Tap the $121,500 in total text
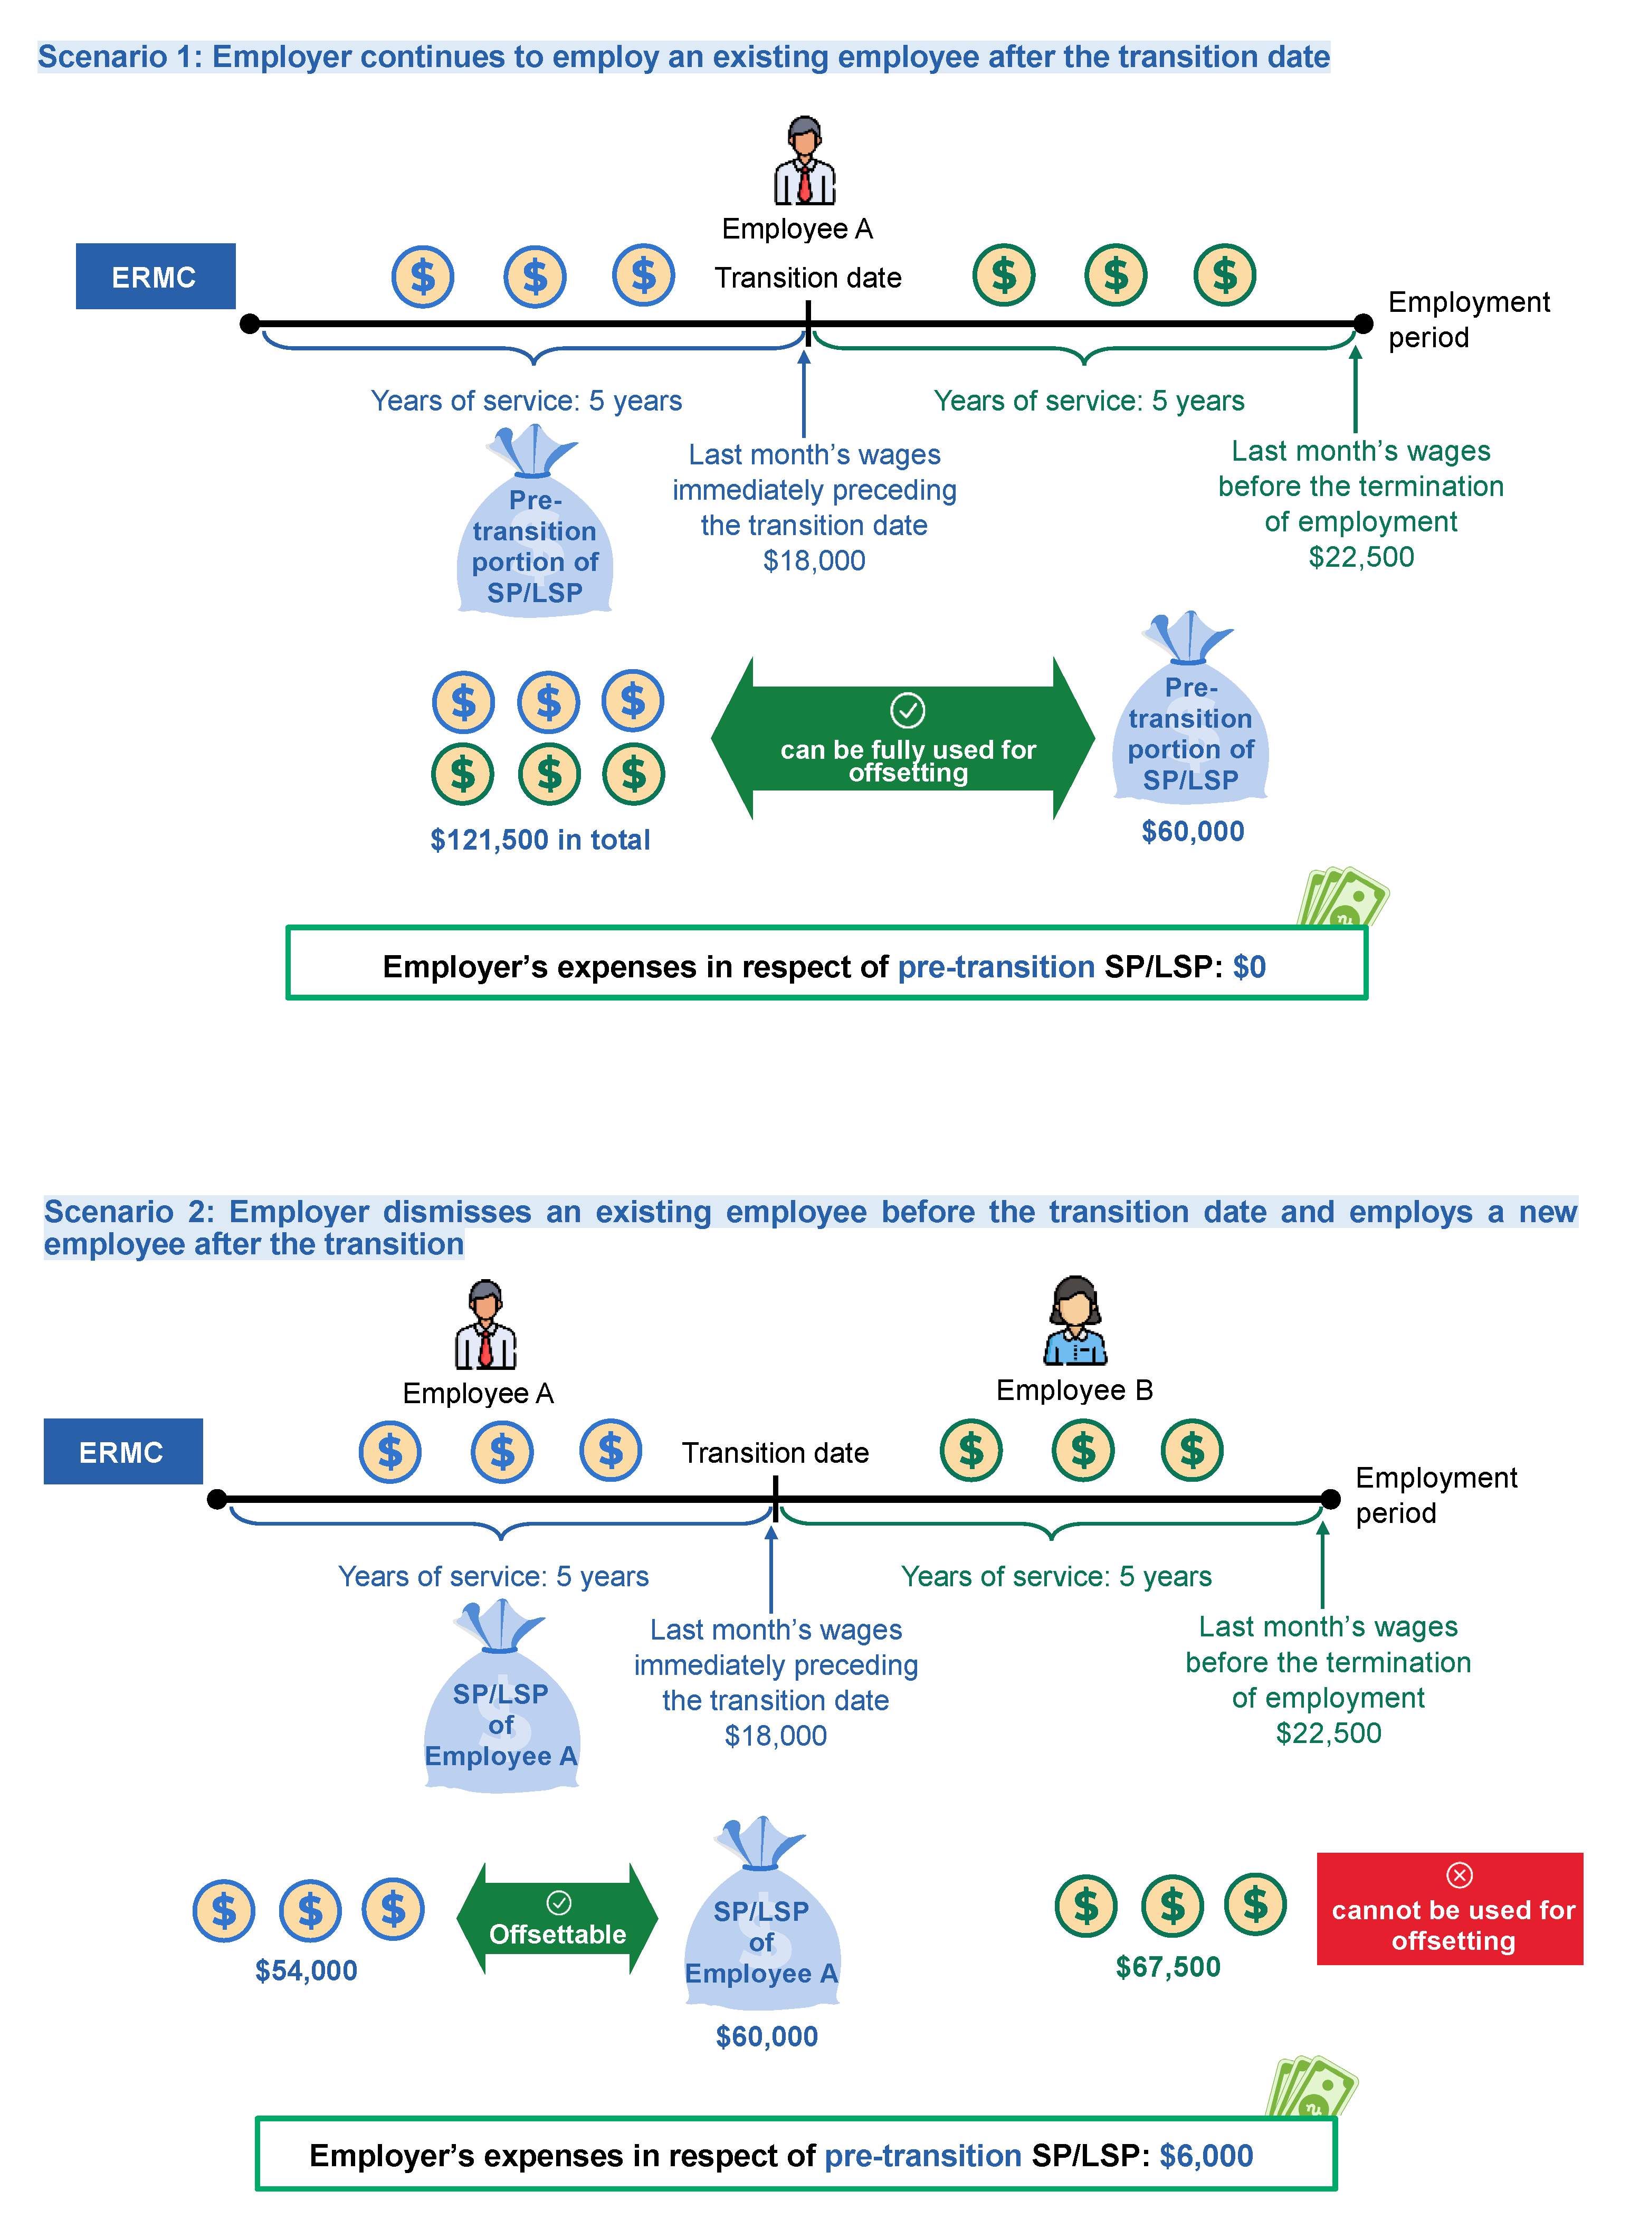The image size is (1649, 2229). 540,840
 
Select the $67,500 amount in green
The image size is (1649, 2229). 1168,1967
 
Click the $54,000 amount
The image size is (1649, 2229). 307,1970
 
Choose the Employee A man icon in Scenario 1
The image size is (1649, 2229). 805,161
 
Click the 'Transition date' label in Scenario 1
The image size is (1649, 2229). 807,278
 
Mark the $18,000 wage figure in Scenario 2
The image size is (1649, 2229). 776,1736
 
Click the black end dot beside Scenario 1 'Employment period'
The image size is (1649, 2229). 1362,323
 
